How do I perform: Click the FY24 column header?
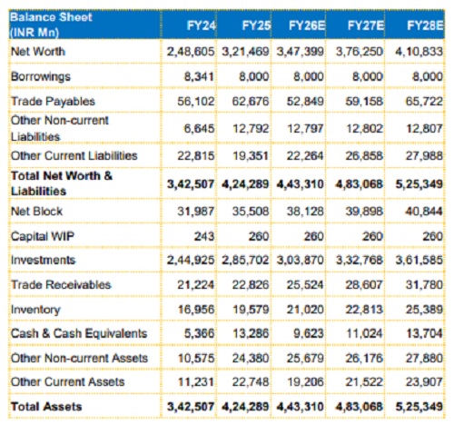click(x=202, y=25)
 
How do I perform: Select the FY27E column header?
click(x=366, y=25)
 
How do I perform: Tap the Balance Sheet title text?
click(x=51, y=17)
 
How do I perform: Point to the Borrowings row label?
click(x=41, y=76)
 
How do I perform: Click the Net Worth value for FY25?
click(x=245, y=52)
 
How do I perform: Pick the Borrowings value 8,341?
click(x=199, y=76)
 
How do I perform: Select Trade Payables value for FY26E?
click(x=305, y=102)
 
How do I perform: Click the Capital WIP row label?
click(x=43, y=236)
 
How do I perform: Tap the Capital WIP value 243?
click(x=204, y=236)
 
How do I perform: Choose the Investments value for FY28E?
click(x=419, y=261)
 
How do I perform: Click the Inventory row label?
click(x=35, y=310)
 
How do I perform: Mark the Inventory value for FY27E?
click(x=364, y=310)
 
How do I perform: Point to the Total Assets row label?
click(x=46, y=407)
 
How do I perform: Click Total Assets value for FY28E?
click(x=419, y=407)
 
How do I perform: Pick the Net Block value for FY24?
click(x=196, y=212)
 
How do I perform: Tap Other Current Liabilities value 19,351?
click(x=251, y=156)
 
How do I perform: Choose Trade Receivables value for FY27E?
click(x=364, y=285)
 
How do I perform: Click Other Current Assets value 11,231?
click(x=196, y=382)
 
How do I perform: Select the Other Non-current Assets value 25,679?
click(x=305, y=359)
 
